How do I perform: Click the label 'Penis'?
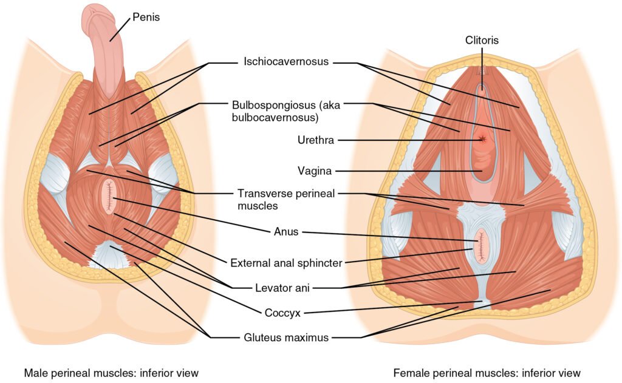tap(147, 18)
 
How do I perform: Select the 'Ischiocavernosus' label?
tap(286, 62)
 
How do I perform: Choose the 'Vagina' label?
tap(315, 171)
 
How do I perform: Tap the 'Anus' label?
tap(282, 231)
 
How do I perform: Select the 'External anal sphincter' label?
tap(286, 263)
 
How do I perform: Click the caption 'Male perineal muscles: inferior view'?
tap(111, 372)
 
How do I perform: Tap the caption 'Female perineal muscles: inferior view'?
tap(487, 372)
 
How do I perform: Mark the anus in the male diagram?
tap(110, 197)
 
